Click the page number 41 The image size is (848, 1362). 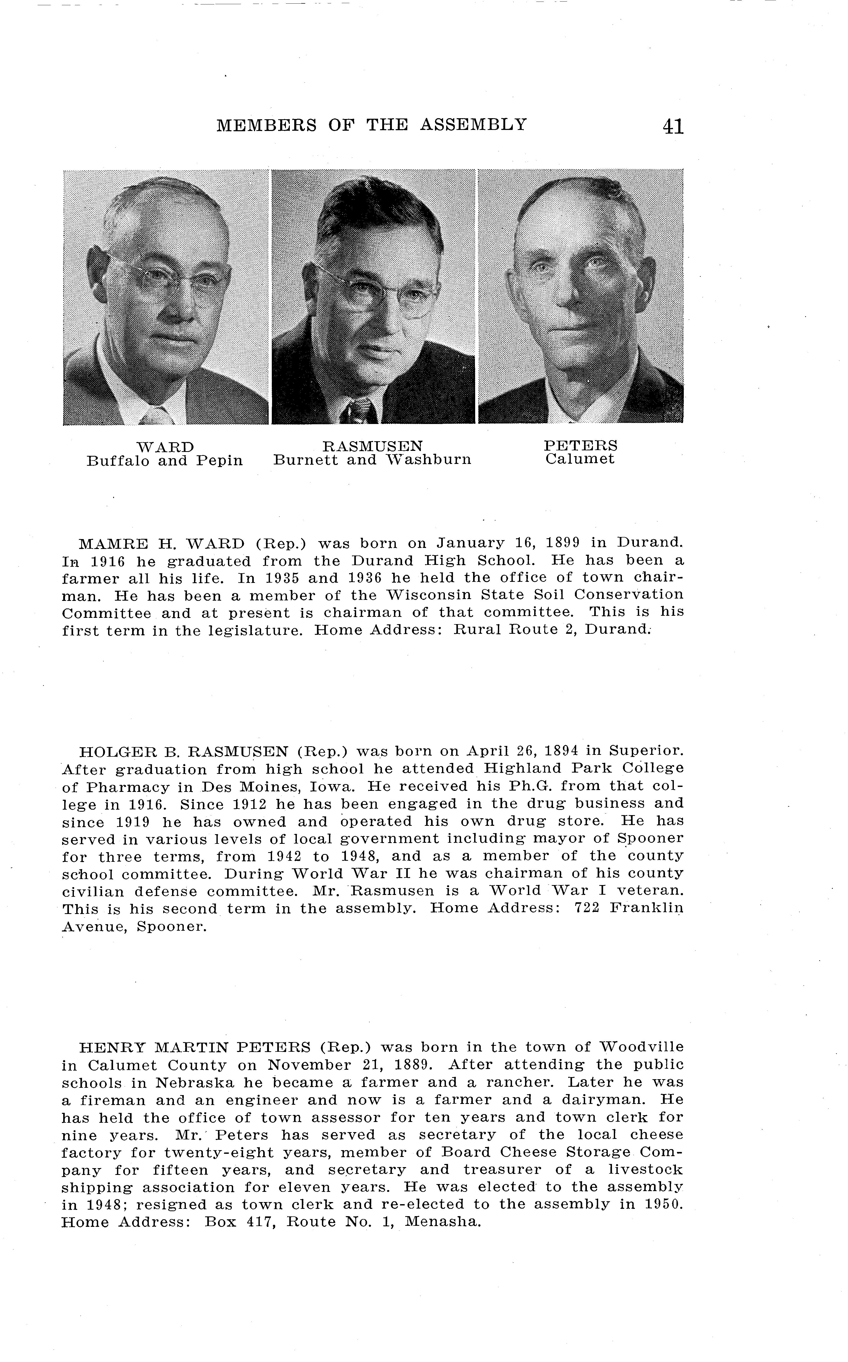[673, 126]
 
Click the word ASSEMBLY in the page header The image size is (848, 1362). [473, 124]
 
